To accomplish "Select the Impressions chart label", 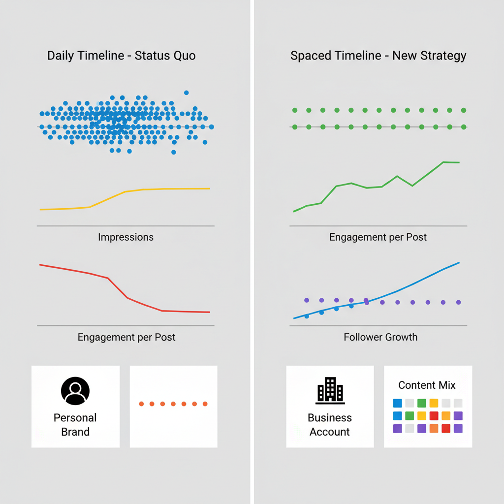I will click(x=126, y=237).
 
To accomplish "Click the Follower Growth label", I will click(x=380, y=337).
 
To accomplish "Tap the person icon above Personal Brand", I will click(x=75, y=391).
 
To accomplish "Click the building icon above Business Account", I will click(x=330, y=390).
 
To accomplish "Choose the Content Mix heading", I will click(x=427, y=385).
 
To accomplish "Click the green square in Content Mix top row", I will click(x=422, y=403).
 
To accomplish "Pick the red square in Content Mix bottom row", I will click(x=446, y=428).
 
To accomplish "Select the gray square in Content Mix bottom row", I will click(x=409, y=428).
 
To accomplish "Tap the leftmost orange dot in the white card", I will click(x=141, y=404).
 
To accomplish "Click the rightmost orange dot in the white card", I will click(x=205, y=404).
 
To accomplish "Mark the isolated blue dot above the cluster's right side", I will click(x=186, y=93).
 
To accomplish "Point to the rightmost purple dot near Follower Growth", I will click(x=459, y=302).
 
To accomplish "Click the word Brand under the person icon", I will click(x=75, y=432).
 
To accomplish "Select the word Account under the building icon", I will click(x=330, y=432).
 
